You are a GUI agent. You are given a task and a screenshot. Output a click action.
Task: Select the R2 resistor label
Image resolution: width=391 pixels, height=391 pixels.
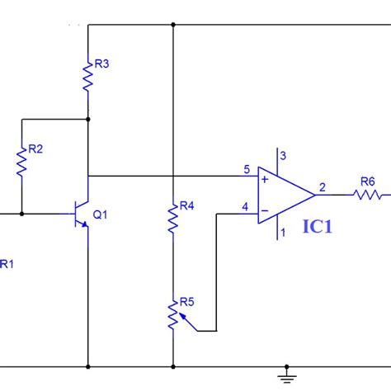(x=35, y=149)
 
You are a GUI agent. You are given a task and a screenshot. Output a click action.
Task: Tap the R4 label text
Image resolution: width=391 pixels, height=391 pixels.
(x=186, y=205)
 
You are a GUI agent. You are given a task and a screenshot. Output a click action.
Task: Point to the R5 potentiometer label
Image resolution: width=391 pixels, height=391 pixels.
(x=186, y=302)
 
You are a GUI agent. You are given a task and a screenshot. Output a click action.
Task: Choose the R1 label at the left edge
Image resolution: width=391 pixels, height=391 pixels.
(x=7, y=264)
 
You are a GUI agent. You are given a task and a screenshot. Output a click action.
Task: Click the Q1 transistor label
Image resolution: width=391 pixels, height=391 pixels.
(x=100, y=214)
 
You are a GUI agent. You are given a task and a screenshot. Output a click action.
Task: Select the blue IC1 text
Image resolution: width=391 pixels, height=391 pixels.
(x=318, y=227)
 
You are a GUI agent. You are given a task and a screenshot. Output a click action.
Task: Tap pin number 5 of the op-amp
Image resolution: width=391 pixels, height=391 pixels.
(x=247, y=170)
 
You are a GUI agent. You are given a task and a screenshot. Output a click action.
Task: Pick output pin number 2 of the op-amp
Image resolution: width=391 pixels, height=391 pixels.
(x=322, y=186)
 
